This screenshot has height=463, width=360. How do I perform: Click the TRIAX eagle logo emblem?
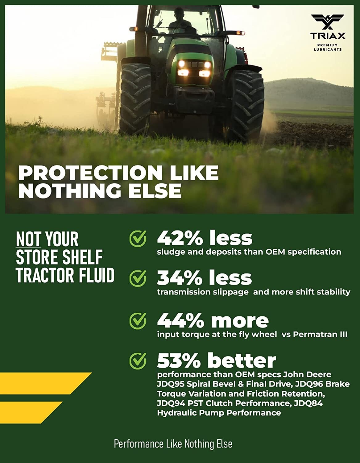[x=327, y=22]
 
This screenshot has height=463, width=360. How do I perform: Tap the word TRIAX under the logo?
[x=327, y=35]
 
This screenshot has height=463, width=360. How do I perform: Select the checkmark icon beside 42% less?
[x=138, y=239]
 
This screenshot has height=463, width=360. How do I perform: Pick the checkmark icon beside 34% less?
[x=138, y=278]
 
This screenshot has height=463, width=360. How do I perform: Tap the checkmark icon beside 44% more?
[x=138, y=321]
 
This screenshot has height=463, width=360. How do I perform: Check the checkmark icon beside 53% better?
[x=138, y=361]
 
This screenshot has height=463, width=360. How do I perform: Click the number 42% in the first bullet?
[x=180, y=238]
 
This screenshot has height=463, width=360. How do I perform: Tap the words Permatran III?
[x=320, y=335]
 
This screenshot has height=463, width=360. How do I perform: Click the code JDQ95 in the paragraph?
[x=171, y=384]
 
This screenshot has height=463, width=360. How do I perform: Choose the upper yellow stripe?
[x=46, y=383]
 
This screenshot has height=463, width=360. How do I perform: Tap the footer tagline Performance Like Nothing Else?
[x=173, y=444]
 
